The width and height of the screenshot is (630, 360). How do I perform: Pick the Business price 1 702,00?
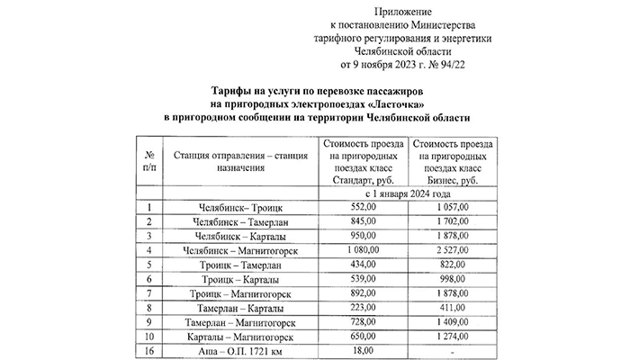pyautogui.click(x=451, y=221)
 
